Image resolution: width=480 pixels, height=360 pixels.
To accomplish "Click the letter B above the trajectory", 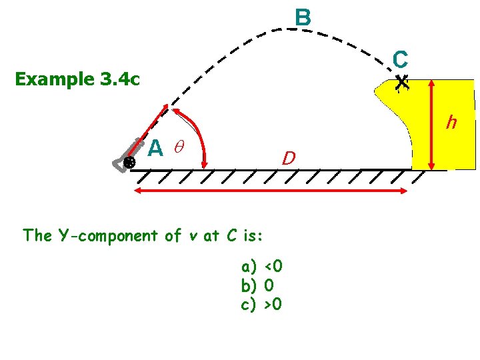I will (302, 17).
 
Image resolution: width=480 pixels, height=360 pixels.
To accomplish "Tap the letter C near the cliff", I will (400, 60).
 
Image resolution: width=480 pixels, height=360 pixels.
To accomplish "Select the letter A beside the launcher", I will (155, 147).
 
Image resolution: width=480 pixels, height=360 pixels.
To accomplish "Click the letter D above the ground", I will (288, 159).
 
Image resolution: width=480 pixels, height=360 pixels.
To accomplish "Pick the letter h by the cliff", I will (451, 123).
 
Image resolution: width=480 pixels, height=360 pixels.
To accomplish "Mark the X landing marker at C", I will (401, 83).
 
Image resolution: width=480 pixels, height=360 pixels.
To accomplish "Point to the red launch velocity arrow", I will (154, 129).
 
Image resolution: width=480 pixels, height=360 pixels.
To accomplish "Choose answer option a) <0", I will (263, 267).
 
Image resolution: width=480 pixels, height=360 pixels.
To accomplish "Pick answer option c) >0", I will (263, 304).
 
